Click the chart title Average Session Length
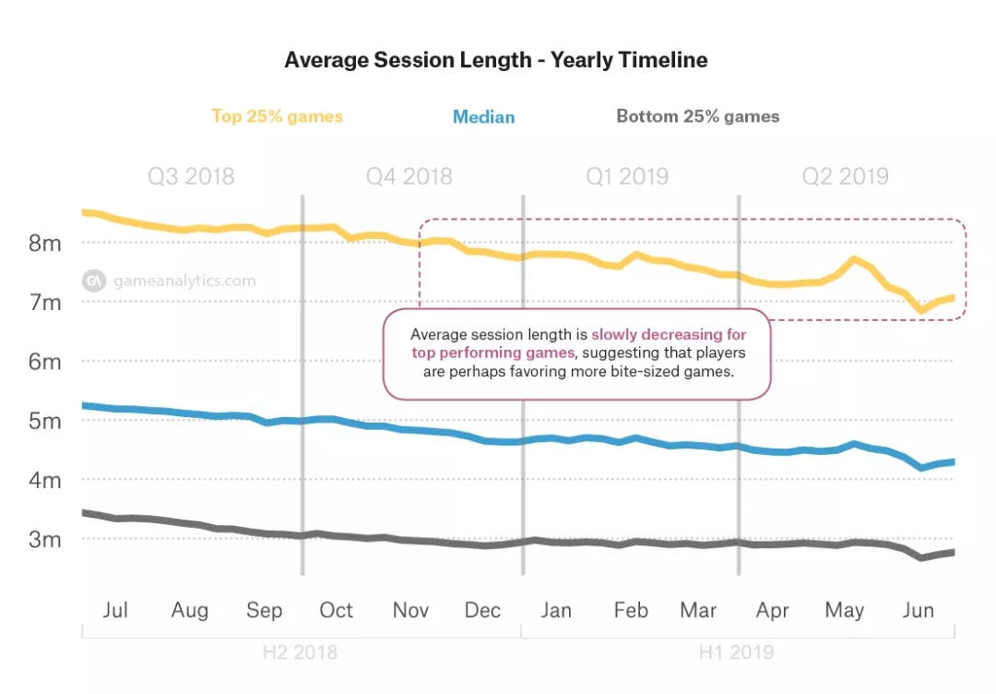[496, 61]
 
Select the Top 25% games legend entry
[277, 116]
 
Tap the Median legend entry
[483, 117]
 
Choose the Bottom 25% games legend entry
[697, 116]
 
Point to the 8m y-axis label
[43, 244]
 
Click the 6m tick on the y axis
[43, 362]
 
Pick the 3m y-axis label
[43, 539]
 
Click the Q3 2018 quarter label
[191, 176]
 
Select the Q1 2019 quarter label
[627, 176]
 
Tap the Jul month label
[115, 610]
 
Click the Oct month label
[336, 610]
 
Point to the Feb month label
[631, 610]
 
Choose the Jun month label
[918, 610]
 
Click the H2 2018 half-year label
[300, 652]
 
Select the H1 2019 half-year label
[735, 652]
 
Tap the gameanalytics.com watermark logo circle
[93, 281]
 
